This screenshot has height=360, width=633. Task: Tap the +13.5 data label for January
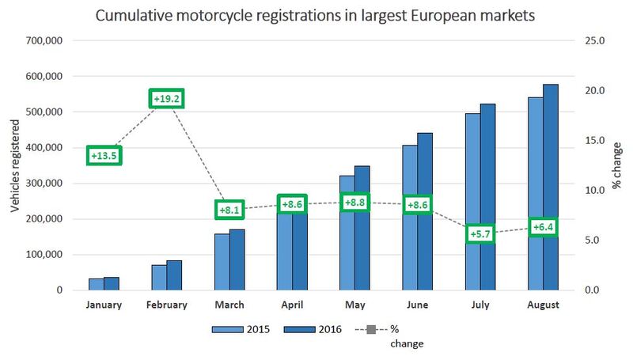(104, 156)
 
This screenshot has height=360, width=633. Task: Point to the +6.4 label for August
(544, 228)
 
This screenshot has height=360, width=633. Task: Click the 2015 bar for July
(473, 202)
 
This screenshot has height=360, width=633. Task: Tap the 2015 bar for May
(347, 233)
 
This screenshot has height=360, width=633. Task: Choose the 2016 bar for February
(174, 275)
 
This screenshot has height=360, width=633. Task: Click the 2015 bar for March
(222, 262)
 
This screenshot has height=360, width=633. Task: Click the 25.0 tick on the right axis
(594, 40)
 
